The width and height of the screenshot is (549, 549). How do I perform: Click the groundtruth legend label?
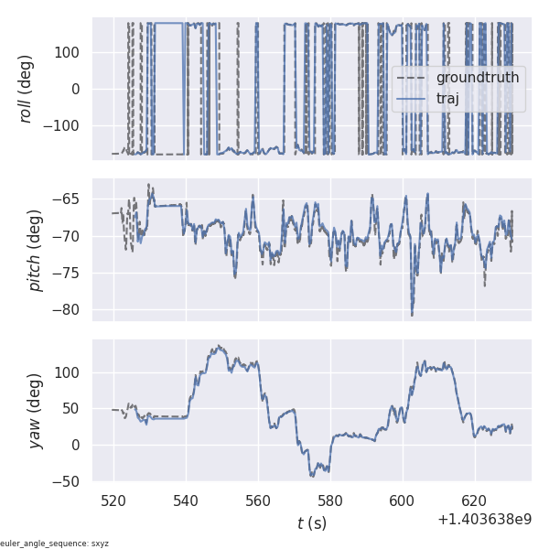coord(477,78)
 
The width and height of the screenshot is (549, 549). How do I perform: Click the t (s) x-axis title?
coord(311,523)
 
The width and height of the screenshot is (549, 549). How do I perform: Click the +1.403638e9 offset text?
coord(485,519)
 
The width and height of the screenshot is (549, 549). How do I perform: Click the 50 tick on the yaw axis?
coord(73,409)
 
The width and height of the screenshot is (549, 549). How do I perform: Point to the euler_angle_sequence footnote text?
coord(55,544)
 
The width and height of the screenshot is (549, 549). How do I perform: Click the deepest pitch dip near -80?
coord(412,314)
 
